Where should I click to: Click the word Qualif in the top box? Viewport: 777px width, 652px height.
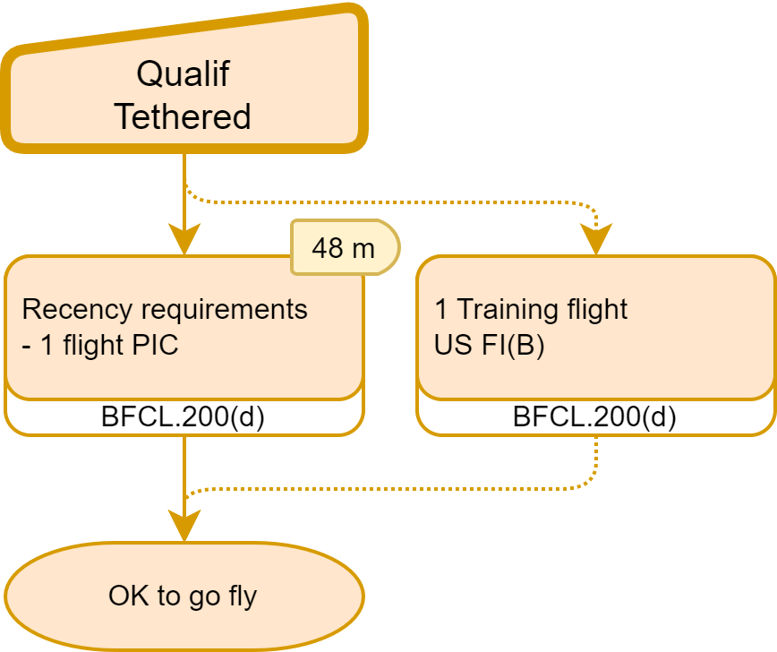[183, 73]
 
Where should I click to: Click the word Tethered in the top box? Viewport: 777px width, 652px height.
[183, 116]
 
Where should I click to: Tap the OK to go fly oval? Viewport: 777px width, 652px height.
[183, 596]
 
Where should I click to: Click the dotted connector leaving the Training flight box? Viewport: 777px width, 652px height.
[595, 461]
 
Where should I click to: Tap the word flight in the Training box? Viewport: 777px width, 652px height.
[586, 309]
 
